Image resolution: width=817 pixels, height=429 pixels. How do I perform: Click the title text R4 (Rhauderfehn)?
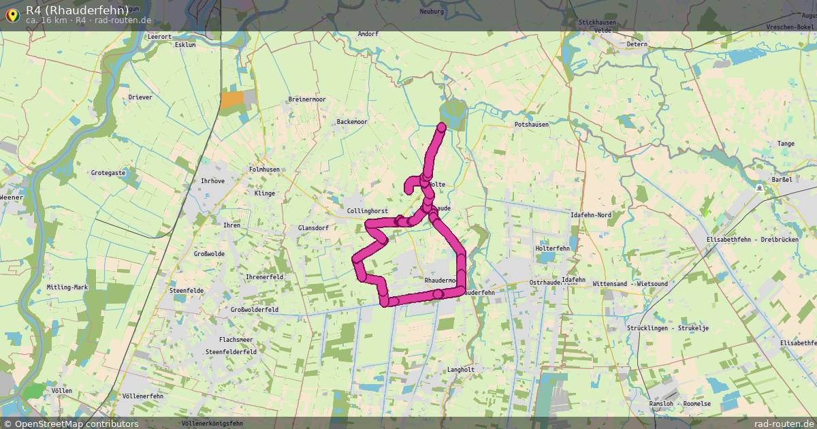tap(77, 10)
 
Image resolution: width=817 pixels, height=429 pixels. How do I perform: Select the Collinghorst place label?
tap(367, 211)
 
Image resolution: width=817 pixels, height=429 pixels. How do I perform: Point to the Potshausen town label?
tap(531, 125)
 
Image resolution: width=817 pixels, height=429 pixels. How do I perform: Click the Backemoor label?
tap(352, 122)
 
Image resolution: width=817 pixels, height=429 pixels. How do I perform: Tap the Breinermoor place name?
tap(306, 99)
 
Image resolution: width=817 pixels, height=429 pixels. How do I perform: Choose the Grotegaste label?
tap(108, 173)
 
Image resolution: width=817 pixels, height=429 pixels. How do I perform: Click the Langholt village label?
tap(460, 370)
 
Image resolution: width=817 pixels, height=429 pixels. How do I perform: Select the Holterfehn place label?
tap(552, 249)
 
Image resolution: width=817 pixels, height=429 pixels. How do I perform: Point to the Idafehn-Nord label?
tap(590, 215)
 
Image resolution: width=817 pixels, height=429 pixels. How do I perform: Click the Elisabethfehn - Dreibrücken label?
tap(761, 241)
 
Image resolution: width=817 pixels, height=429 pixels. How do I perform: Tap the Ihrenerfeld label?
tap(264, 277)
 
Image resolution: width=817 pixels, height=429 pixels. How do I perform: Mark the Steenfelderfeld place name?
tap(230, 351)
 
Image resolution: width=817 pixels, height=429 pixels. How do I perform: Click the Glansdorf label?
tap(313, 228)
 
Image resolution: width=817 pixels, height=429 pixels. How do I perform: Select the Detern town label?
tap(637, 44)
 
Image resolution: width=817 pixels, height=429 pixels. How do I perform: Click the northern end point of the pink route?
tap(442, 126)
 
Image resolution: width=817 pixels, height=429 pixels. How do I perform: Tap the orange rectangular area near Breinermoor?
tap(231, 100)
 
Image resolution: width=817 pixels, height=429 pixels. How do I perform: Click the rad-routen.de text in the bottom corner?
tap(784, 424)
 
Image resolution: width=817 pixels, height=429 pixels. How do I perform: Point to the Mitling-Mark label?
tap(67, 287)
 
